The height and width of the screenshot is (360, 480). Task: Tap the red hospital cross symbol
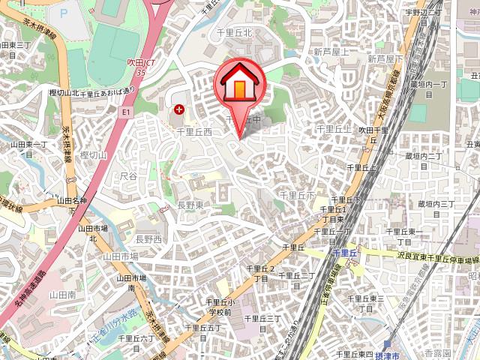pos(178,109)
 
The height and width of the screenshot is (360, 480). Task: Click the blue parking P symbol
pos(62,13)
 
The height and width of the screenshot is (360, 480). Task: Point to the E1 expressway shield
pos(125,110)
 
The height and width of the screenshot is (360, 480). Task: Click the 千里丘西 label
pos(193,131)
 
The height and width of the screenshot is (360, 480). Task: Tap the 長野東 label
pos(190,205)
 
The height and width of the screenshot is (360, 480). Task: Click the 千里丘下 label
pos(297,194)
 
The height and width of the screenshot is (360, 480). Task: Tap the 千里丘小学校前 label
pos(222,306)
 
